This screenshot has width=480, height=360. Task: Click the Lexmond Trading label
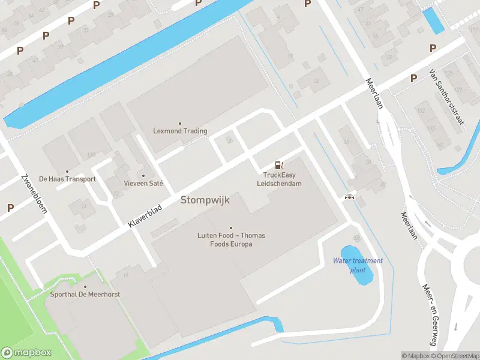(x=180, y=131)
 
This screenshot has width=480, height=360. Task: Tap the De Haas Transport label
(x=67, y=179)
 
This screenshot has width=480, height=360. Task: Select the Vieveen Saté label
(x=143, y=183)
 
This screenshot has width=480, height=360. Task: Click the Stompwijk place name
(x=205, y=200)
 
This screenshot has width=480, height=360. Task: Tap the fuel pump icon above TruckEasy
(x=278, y=165)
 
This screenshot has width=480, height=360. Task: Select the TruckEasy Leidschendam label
(x=280, y=179)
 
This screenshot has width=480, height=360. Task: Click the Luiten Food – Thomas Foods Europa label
(x=231, y=240)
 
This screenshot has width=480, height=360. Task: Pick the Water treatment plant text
(x=358, y=265)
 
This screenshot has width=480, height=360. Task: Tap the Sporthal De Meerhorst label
(x=85, y=294)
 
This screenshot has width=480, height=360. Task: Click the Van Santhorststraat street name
(x=447, y=96)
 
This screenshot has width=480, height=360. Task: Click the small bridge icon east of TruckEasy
(x=348, y=197)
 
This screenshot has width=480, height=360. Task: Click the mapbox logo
(x=26, y=353)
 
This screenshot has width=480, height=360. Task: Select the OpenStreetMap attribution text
(x=455, y=356)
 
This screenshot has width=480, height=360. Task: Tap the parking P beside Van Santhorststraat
(x=413, y=78)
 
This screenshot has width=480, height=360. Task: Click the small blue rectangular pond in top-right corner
(x=433, y=20)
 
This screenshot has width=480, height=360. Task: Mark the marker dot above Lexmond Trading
(x=180, y=123)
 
